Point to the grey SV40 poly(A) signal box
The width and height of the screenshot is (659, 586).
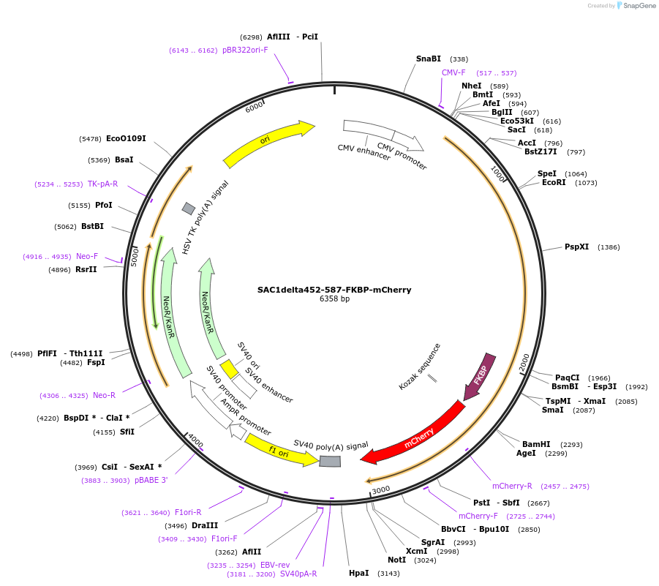pos(330,461)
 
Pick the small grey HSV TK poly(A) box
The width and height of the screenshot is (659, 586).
pos(189,209)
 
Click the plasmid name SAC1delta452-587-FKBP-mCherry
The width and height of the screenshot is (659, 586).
pos(334,290)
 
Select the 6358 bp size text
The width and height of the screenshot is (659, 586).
pos(334,299)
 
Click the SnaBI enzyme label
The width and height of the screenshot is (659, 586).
pos(429,59)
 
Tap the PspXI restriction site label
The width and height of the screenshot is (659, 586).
pos(576,247)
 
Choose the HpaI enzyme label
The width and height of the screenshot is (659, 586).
pos(358,573)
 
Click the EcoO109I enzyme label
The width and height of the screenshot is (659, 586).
pos(126,138)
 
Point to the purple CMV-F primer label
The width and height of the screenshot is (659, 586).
pos(453,72)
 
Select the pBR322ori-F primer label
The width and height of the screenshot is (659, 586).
pos(245,50)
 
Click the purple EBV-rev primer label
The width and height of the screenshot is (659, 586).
pos(275,565)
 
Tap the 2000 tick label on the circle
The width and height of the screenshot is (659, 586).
pos(524,361)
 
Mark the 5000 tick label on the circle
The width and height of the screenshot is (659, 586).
pos(135,257)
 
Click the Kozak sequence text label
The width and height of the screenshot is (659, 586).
pos(420,366)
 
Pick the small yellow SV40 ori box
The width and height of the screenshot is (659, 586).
pos(229,369)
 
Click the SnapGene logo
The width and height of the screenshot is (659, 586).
pos(633,6)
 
